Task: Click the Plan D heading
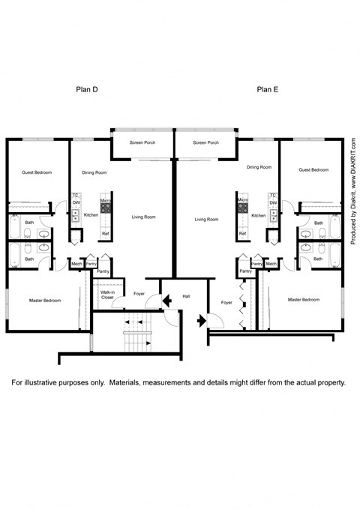[88, 89]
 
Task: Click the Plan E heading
[268, 89]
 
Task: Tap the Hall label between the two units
[186, 297]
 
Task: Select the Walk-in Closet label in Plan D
[108, 295]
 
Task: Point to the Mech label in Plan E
[271, 263]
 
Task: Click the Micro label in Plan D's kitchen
[106, 201]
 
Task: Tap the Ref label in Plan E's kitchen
[242, 234]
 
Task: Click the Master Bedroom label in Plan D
[43, 300]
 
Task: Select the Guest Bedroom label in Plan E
[313, 170]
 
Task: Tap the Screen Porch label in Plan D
[142, 142]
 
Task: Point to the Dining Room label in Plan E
[259, 167]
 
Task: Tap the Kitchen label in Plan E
[259, 215]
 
